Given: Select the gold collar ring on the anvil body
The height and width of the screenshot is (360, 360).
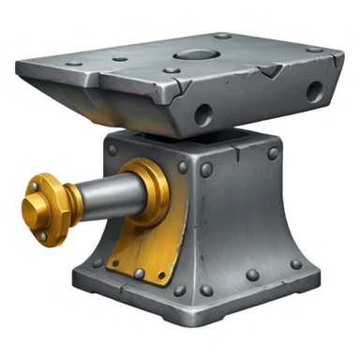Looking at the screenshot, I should pos(148,192).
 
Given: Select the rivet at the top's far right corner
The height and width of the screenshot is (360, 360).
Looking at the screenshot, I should pos(313,51).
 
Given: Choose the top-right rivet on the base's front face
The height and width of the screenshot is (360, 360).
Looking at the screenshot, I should pos(273,153).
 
